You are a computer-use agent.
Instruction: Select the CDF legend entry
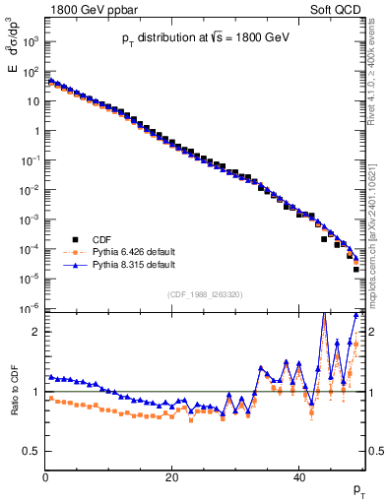pos(102,238)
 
